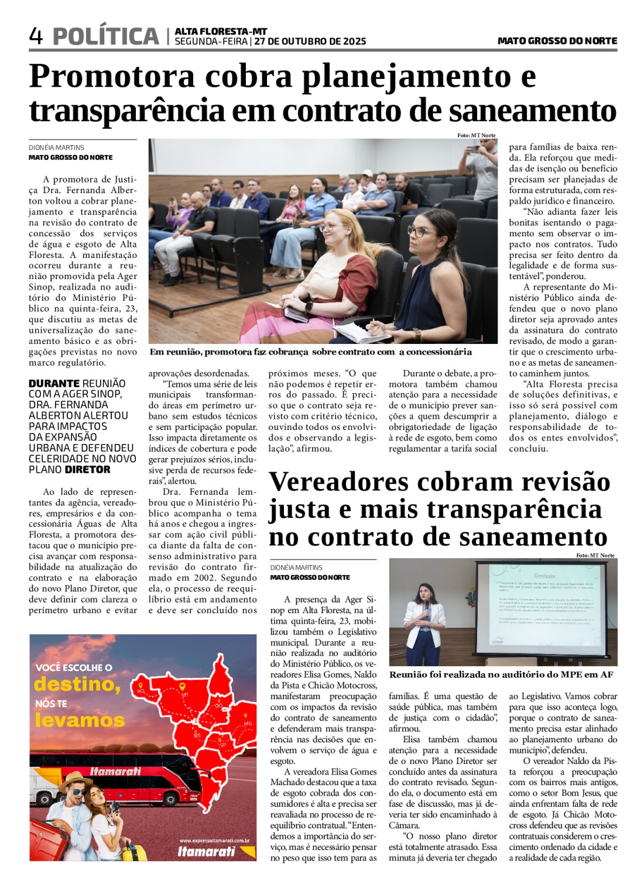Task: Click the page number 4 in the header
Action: [x=36, y=36]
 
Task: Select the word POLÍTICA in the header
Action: [x=105, y=36]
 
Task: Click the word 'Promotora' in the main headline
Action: [x=112, y=77]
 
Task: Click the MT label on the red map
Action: [x=185, y=694]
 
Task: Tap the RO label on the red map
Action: [x=141, y=691]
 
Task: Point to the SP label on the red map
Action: [x=222, y=744]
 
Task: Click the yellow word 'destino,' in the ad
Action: [x=77, y=684]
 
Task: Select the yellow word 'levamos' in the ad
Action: [x=80, y=720]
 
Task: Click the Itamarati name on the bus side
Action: [x=115, y=771]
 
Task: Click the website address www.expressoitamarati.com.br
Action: [x=214, y=841]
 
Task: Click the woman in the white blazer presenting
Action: [x=426, y=620]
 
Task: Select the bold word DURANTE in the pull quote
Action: [x=49, y=384]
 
